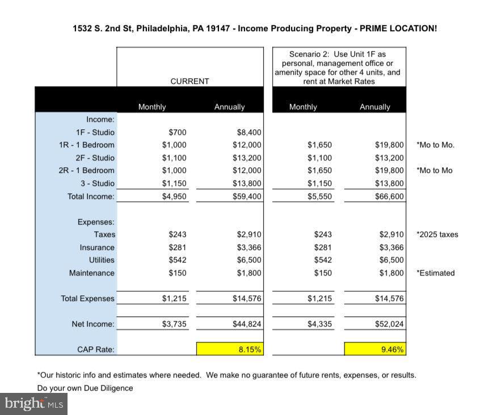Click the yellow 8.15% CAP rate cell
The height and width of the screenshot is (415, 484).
230,349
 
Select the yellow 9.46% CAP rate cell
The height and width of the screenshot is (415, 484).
375,349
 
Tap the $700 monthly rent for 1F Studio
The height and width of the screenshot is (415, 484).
177,132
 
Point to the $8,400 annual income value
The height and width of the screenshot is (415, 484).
249,132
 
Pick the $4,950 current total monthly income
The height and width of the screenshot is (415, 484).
174,196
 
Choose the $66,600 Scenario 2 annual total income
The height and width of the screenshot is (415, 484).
389,196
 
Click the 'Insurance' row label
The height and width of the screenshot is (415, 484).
97,247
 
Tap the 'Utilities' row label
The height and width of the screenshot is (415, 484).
102,260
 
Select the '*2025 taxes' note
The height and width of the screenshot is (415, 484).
437,234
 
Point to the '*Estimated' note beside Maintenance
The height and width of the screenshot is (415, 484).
436,273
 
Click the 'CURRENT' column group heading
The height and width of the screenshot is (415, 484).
190,81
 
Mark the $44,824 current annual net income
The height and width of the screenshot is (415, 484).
247,324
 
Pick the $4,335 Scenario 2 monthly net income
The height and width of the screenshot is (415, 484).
319,324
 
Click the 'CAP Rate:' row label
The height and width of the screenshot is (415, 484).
96,349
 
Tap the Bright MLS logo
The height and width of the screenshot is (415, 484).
33,404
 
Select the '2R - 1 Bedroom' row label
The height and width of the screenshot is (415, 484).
86,170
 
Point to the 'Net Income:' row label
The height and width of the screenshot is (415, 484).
93,324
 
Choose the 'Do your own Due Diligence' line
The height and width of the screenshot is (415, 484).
85,388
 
